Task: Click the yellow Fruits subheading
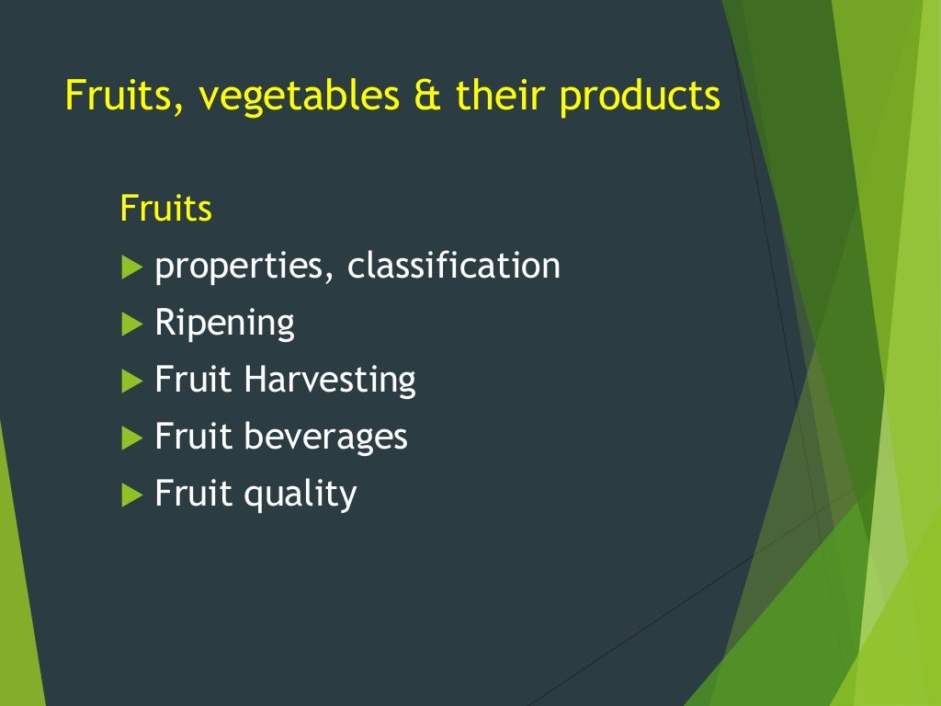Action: [x=165, y=209]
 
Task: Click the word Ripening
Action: [x=224, y=324]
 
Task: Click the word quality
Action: [x=300, y=495]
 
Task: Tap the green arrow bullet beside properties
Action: [x=132, y=268]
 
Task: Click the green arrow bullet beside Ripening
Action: [x=132, y=324]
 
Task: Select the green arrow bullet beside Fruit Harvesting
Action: [x=132, y=381]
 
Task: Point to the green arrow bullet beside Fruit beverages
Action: [x=132, y=438]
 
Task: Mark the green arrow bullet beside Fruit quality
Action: [x=132, y=495]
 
